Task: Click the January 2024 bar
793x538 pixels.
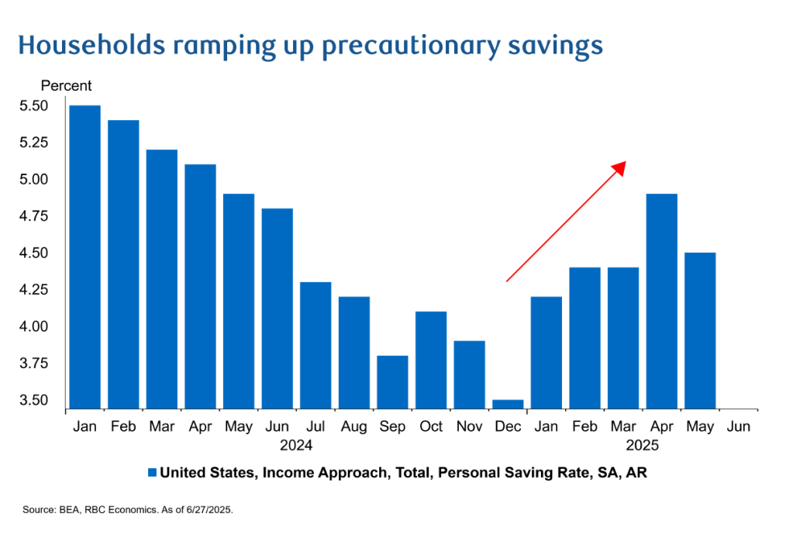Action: point(84,257)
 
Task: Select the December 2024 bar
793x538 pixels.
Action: point(508,404)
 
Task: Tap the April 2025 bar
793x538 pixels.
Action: point(661,301)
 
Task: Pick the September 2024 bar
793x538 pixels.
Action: point(392,381)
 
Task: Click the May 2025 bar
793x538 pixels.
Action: point(700,330)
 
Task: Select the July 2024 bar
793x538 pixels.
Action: point(315,345)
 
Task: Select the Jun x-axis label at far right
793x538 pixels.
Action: point(739,426)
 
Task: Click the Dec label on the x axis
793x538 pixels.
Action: point(508,426)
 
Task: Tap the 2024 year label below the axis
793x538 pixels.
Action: point(296,446)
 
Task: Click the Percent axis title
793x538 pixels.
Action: point(66,86)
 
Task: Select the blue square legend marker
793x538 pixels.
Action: point(152,472)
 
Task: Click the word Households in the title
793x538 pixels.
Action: point(91,46)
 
